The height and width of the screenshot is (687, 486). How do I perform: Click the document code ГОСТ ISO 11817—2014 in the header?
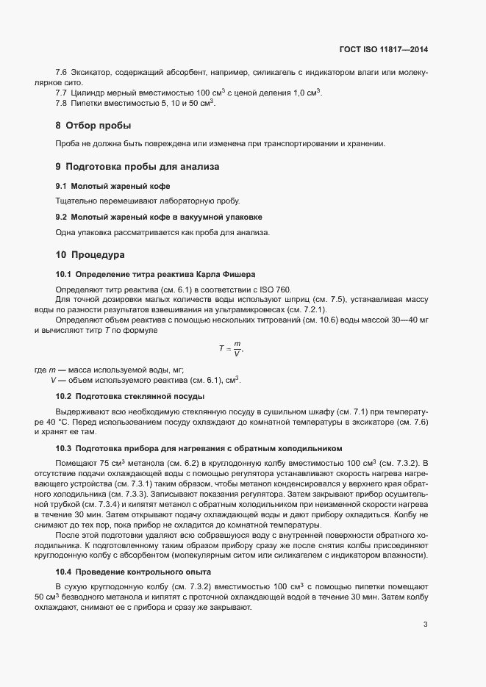[x=383, y=50]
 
